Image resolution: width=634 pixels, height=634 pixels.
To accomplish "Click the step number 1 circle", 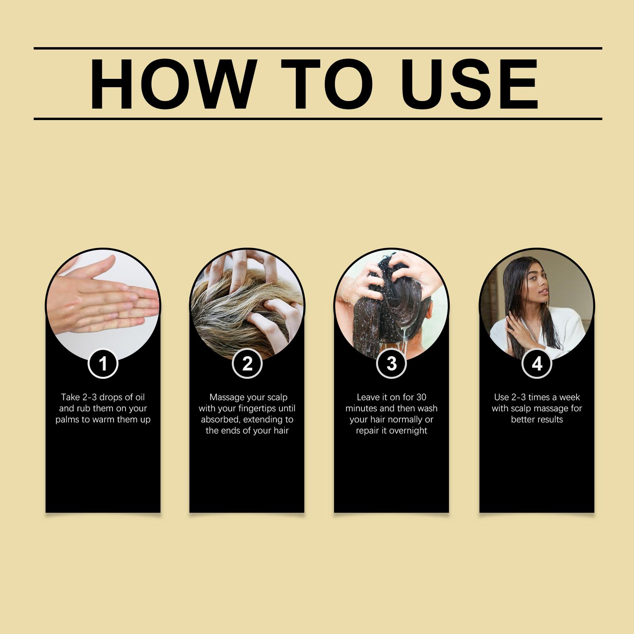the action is pos(103,363).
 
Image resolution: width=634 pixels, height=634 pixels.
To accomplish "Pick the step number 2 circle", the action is pos(247,363).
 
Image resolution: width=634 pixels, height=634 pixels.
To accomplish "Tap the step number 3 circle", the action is pos(391,363).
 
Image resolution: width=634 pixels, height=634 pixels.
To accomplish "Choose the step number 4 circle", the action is pos(537,363).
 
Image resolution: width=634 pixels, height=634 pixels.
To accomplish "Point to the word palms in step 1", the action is pos(67,420).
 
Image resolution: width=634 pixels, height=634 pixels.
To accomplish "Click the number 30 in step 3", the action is pos(421,397).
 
